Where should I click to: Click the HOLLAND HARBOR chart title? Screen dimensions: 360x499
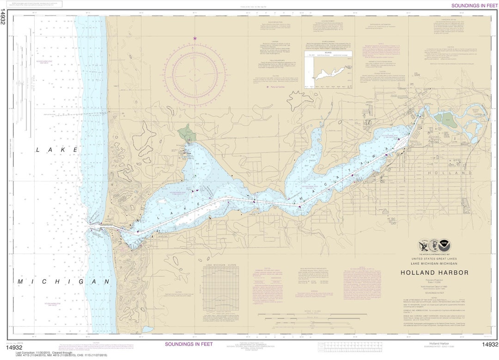point(434,273)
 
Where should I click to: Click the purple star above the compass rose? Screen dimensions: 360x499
point(195,38)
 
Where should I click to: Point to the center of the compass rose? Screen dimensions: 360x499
point(195,74)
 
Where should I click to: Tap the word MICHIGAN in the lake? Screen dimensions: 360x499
point(64,281)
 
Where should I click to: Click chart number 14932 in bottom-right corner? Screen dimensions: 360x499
point(490,345)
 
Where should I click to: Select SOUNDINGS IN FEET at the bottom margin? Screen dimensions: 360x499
point(189,344)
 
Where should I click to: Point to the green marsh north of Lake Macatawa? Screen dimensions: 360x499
point(187,133)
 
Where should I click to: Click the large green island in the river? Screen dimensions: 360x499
point(445,120)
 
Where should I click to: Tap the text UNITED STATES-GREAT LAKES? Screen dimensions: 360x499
point(434,259)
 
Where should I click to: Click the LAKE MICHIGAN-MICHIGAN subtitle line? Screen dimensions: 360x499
point(434,263)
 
